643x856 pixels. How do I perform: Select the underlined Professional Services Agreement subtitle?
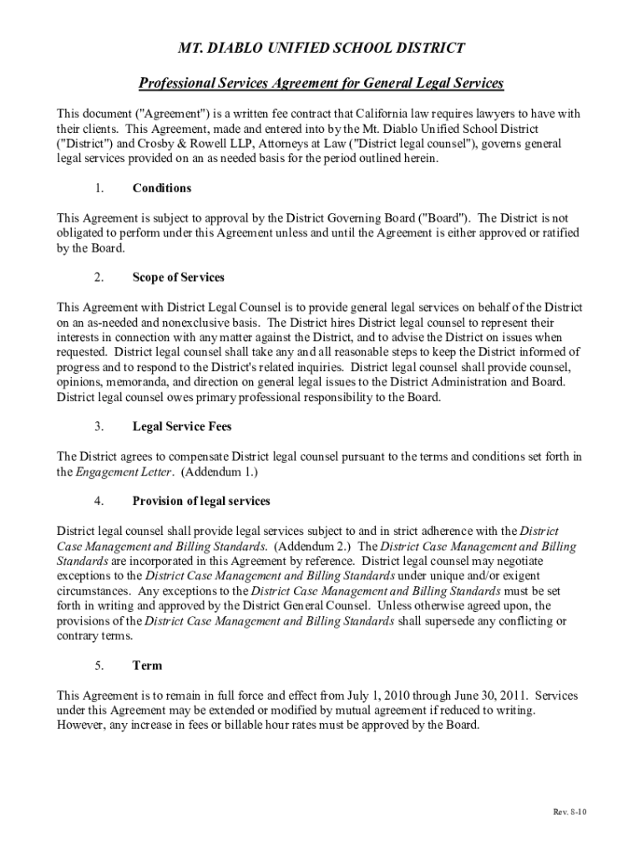(321, 84)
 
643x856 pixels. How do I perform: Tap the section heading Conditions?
(162, 188)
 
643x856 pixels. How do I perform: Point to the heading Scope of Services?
(179, 278)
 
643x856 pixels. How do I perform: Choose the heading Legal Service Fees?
(182, 426)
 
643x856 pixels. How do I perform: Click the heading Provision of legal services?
(201, 501)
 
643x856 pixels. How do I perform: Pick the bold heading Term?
(147, 665)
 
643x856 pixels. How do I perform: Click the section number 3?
(99, 426)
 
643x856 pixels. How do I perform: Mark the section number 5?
(99, 665)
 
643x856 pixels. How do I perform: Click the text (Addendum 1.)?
(221, 471)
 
